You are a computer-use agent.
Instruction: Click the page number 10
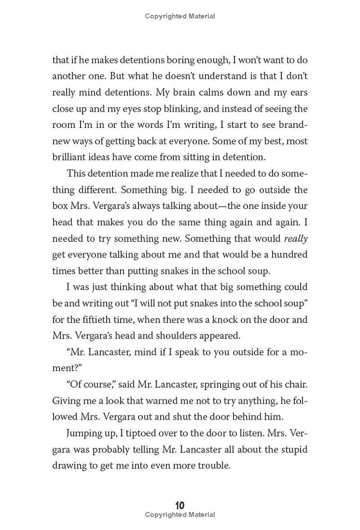(180, 505)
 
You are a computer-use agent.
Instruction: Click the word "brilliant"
(68, 157)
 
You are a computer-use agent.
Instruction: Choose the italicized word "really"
(296, 238)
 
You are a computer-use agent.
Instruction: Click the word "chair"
(296, 385)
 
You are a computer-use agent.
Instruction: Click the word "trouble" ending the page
(211, 466)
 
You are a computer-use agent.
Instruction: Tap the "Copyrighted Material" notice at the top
(180, 16)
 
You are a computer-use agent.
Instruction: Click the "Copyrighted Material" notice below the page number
(180, 515)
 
